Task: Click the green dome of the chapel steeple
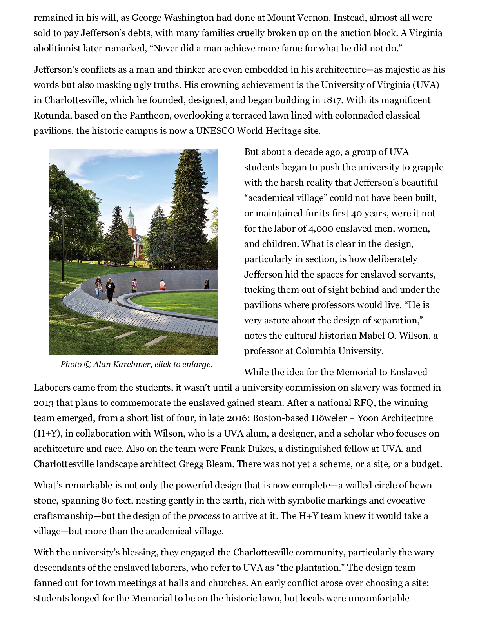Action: (x=131, y=214)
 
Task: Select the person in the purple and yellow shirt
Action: (x=134, y=285)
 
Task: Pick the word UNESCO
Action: (x=215, y=131)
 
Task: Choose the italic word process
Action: (x=204, y=516)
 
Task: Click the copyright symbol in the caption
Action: (x=87, y=365)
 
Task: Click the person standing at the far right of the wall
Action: (x=207, y=284)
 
